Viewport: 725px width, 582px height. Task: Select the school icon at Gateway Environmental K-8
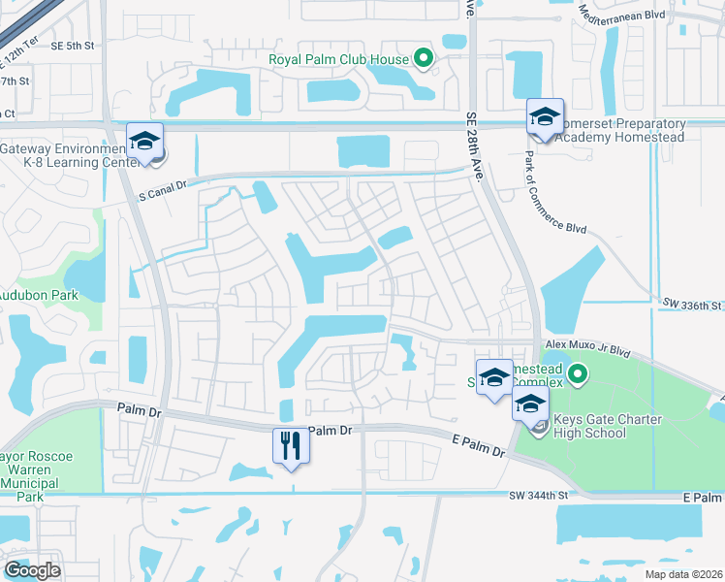coord(144,142)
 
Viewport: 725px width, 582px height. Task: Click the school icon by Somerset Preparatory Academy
coord(545,117)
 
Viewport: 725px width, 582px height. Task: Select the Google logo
coord(32,570)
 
